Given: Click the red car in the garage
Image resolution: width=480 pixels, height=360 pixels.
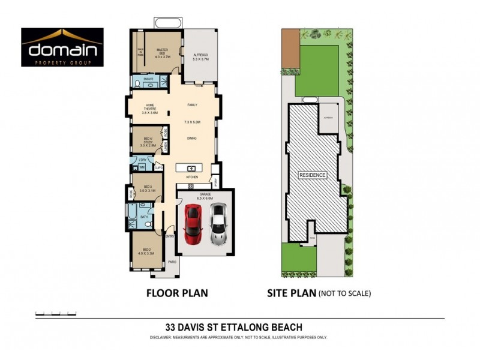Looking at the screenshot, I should click(193, 224).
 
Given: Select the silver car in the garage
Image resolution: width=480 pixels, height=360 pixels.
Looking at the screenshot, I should click(218, 224).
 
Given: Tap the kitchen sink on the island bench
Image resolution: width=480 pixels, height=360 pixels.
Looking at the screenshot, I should click(191, 167).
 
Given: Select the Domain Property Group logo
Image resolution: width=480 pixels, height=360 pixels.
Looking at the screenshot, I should click(62, 48).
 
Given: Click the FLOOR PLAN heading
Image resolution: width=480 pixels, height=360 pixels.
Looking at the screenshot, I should click(178, 293).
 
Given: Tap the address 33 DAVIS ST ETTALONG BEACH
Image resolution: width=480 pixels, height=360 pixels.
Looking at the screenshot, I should click(233, 328).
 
